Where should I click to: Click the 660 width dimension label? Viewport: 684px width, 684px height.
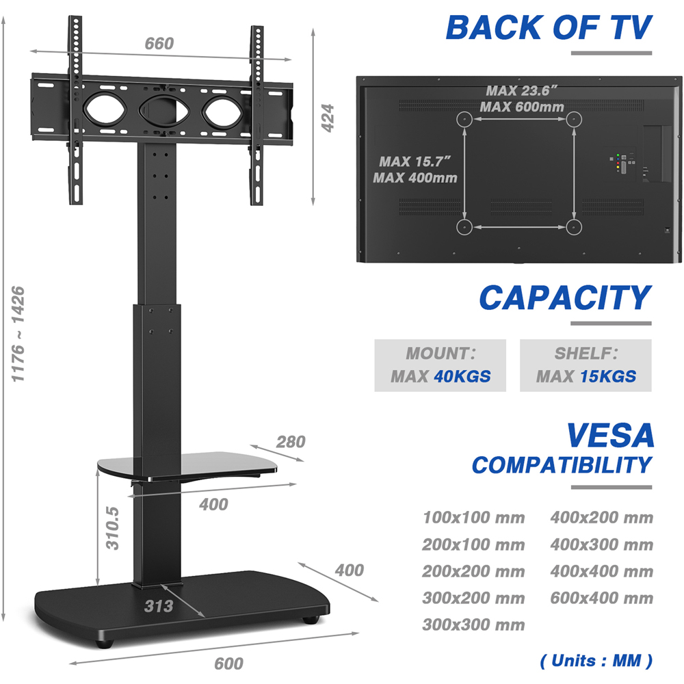159,44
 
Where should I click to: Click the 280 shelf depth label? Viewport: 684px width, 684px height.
291,442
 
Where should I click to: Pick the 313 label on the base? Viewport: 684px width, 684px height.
159,605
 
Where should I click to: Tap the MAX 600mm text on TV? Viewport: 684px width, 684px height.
521,107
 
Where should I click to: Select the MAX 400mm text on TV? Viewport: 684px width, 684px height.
415,178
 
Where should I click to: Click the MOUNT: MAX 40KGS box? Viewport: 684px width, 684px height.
440,365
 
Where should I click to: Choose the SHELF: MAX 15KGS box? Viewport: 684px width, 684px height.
586,365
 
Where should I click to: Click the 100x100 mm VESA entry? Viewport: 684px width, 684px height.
473,518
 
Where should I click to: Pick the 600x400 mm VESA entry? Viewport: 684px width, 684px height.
601,598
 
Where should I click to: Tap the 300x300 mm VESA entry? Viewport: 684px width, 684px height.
473,625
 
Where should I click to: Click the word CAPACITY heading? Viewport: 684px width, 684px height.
565,298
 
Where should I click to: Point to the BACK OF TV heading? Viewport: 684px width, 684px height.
549,28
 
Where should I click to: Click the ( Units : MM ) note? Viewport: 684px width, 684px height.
596,661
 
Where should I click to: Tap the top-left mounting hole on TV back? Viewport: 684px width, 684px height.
464,118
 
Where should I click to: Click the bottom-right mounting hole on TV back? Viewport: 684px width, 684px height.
573,226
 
